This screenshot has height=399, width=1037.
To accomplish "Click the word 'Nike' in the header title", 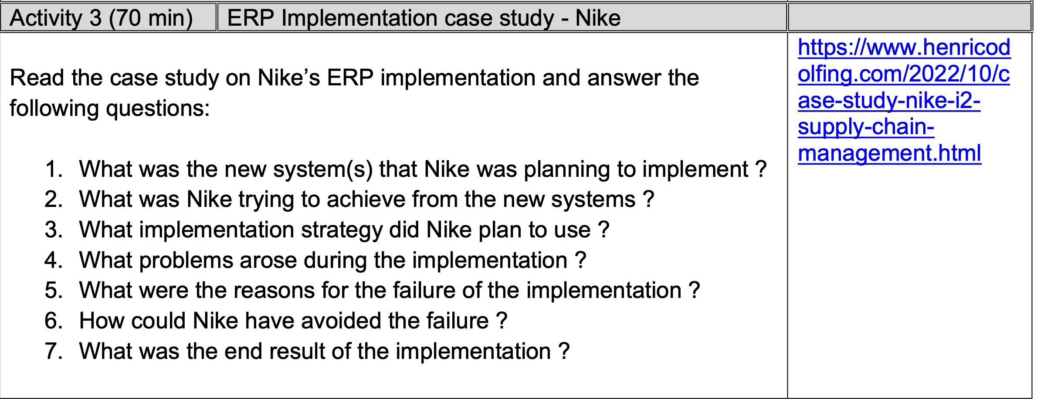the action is (x=598, y=18).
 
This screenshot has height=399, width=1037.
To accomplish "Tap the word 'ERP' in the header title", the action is (x=251, y=18).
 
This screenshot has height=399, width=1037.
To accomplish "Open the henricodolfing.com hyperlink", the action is (x=904, y=100).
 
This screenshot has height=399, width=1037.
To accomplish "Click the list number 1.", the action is (x=54, y=169).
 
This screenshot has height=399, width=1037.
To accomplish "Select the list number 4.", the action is (x=54, y=260).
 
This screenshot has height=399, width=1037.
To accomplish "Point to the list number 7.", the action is (x=54, y=351).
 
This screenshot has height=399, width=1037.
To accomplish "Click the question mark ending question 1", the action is (x=761, y=169).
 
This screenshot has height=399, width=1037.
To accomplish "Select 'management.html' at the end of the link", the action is (x=889, y=153).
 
